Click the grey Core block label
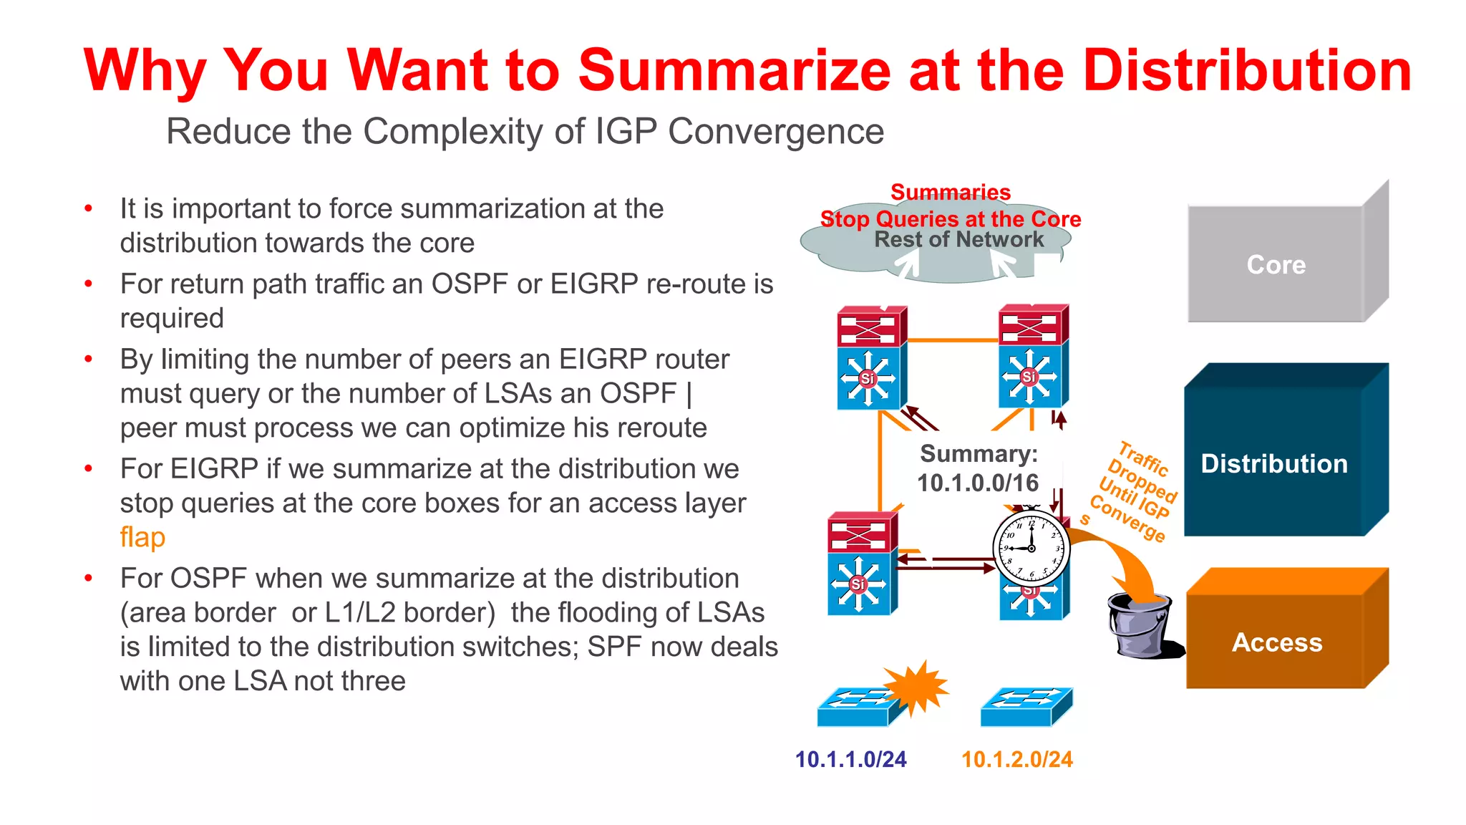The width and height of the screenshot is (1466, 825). pos(1276,265)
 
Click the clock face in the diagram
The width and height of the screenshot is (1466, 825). pos(1031,549)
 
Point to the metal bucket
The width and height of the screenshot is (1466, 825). pos(1140,625)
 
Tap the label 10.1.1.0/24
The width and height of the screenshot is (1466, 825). pos(850,759)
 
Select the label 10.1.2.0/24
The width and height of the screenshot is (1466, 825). pos(1016,759)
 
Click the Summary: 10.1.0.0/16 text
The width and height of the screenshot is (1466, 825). pos(978,468)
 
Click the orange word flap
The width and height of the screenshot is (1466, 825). pos(142,537)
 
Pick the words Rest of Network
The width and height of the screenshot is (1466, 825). pos(958,239)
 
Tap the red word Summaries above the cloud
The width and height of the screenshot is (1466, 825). pos(951,192)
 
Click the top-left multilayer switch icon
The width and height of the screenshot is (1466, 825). pos(871,358)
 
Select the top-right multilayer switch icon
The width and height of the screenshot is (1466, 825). pos(1033,356)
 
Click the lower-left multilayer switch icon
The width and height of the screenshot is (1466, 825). pos(861,564)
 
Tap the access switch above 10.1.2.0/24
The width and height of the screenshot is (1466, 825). pos(1025,707)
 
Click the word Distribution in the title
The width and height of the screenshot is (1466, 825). pos(1246,70)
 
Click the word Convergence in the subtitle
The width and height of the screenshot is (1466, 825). pos(776,132)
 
